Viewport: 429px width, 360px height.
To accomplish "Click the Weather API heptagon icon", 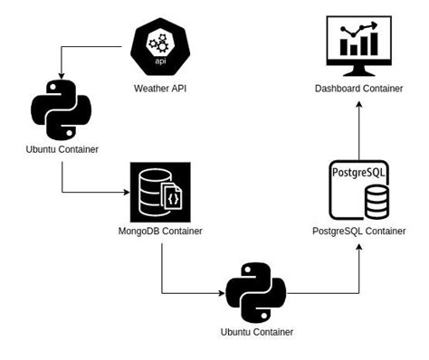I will tap(159, 48).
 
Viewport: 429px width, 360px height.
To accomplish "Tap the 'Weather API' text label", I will tap(159, 88).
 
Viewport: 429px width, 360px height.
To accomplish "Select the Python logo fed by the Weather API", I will tap(62, 109).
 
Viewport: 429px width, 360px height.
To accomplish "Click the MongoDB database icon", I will tap(159, 192).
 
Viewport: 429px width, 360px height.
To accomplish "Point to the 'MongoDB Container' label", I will tap(160, 232).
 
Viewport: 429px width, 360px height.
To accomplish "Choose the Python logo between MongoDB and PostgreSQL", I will tap(256, 292).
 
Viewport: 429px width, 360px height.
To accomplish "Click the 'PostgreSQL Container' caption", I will tap(358, 232).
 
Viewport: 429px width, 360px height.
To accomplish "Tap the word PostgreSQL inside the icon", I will tap(358, 171).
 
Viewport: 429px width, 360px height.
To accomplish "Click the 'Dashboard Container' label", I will tap(358, 88).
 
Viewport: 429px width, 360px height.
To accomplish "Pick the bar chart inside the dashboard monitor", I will tap(358, 41).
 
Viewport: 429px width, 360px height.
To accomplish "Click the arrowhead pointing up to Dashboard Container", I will tap(358, 104).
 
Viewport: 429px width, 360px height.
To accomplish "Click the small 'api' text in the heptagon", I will tap(159, 62).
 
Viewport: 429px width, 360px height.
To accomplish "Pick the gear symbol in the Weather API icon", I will tap(159, 43).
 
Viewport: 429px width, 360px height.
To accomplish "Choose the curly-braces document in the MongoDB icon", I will tap(175, 198).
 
